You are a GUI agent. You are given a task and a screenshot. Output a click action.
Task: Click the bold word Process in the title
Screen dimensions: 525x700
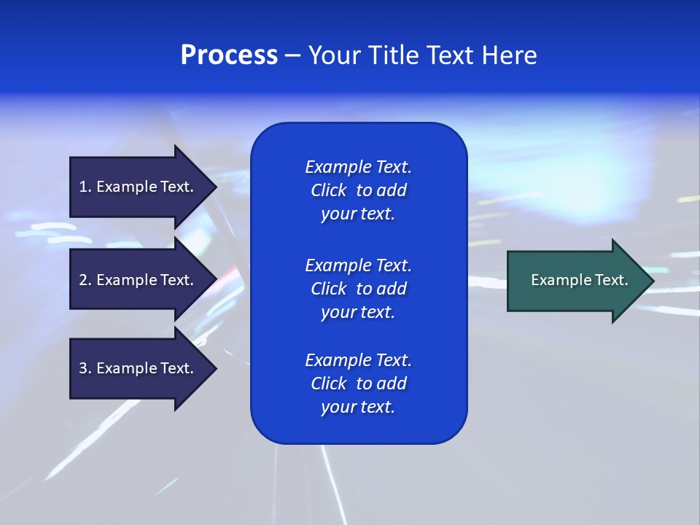point(229,55)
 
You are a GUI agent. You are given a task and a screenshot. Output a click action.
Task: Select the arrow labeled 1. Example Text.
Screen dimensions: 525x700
point(139,187)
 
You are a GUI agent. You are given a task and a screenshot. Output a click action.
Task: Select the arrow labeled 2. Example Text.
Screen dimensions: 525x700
point(139,280)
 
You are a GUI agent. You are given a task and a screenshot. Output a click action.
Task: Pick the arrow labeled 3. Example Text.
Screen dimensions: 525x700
point(139,368)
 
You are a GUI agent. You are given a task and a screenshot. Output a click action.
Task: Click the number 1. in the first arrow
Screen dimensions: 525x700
point(85,187)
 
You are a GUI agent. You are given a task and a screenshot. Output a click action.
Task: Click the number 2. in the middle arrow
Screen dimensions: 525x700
point(85,280)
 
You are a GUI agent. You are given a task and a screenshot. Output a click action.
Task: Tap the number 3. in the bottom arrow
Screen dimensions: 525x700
point(85,368)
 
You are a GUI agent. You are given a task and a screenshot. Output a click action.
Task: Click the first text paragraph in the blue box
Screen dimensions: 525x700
point(358,190)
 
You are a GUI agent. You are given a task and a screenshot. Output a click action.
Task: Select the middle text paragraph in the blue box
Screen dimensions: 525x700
point(358,289)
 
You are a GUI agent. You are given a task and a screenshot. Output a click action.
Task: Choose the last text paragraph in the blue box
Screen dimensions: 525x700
point(358,384)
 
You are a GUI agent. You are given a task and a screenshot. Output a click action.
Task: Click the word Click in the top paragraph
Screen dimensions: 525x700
point(328,190)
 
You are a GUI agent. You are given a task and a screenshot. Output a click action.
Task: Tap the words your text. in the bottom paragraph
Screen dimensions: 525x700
point(358,407)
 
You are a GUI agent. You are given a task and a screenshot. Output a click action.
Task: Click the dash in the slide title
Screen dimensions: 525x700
point(292,55)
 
